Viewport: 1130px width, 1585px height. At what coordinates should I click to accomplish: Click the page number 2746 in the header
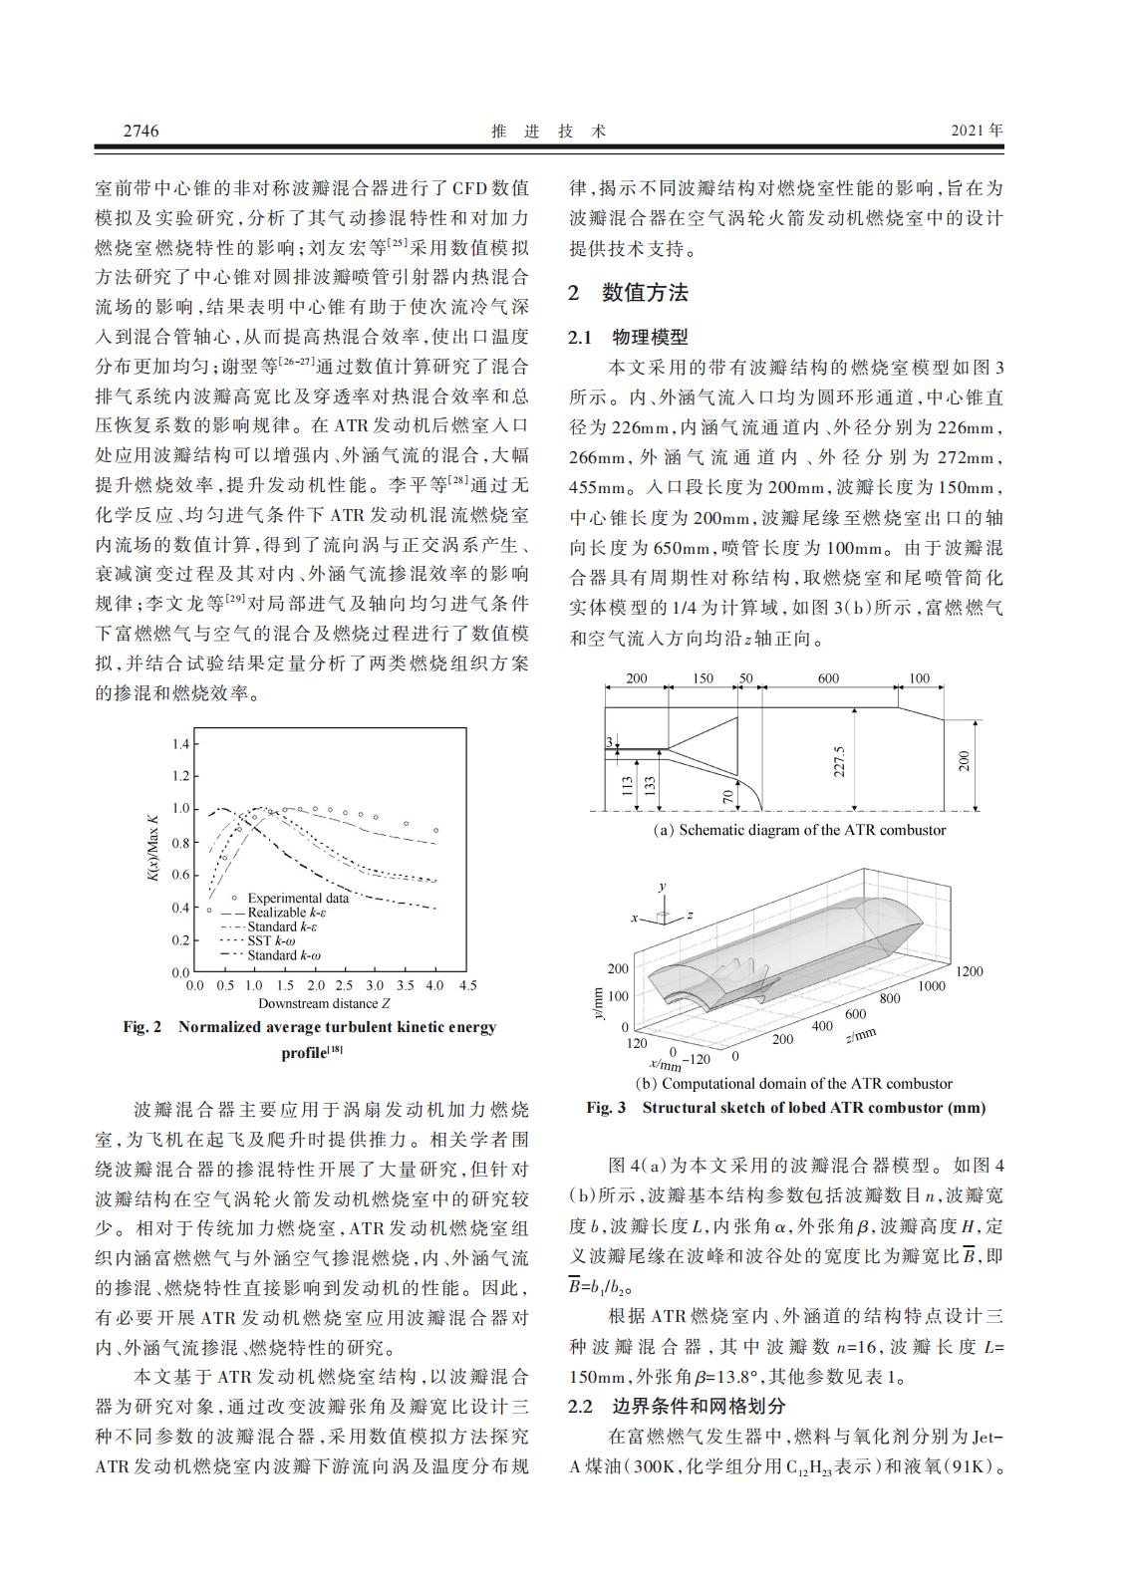click(x=141, y=131)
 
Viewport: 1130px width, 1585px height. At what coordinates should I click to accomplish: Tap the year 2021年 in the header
click(x=978, y=131)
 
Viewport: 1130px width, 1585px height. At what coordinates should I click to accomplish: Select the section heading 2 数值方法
click(x=628, y=293)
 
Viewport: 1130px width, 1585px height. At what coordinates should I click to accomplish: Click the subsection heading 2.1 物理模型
click(x=628, y=337)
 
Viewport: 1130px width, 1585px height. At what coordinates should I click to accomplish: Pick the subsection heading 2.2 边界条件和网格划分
click(x=677, y=1406)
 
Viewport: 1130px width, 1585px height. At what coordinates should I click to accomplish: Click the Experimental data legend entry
click(x=297, y=898)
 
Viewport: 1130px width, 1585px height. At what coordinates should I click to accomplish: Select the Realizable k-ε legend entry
click(x=290, y=913)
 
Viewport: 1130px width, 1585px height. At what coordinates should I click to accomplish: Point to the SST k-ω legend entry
click(x=271, y=940)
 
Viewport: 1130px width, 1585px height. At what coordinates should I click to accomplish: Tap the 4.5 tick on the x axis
click(x=466, y=985)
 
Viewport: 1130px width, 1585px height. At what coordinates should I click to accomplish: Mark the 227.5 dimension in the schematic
click(x=839, y=762)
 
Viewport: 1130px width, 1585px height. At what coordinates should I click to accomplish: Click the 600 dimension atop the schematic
click(x=829, y=678)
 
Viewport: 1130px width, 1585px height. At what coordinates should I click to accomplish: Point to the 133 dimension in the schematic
click(x=650, y=786)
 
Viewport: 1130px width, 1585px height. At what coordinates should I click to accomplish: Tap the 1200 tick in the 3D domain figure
click(x=969, y=970)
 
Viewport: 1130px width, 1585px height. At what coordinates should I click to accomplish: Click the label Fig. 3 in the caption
click(x=606, y=1107)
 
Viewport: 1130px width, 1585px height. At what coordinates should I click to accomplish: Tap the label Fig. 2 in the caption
click(x=141, y=1026)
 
